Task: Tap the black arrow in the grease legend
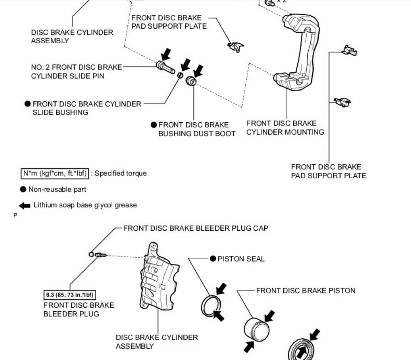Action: [25, 205]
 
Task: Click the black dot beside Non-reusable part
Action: [23, 190]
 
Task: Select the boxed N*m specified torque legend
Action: [55, 173]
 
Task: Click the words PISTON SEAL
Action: [241, 259]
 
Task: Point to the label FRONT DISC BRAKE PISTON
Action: [306, 291]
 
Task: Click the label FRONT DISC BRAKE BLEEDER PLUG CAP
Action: [196, 228]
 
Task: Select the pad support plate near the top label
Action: [235, 46]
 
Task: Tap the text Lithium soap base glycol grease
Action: [85, 205]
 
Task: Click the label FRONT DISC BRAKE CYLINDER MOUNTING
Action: [285, 128]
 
